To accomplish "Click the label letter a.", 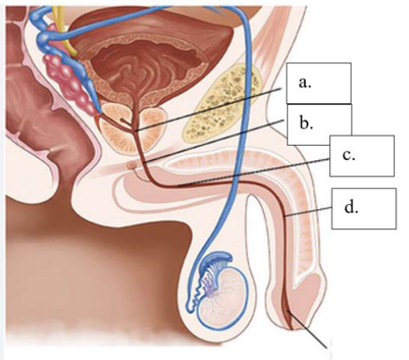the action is [x=305, y=82].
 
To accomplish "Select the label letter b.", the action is [x=307, y=123].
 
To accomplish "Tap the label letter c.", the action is [x=349, y=155].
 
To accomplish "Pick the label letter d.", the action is [x=351, y=207].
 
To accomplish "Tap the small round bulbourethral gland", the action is [x=132, y=166].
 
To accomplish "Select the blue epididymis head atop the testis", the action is [x=218, y=258].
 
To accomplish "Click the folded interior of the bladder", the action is [x=147, y=65].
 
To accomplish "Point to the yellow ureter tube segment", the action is [x=64, y=31].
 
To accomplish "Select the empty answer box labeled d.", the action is [x=364, y=209].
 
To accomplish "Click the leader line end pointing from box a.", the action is [x=136, y=130].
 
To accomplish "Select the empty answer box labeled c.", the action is [x=362, y=156].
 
